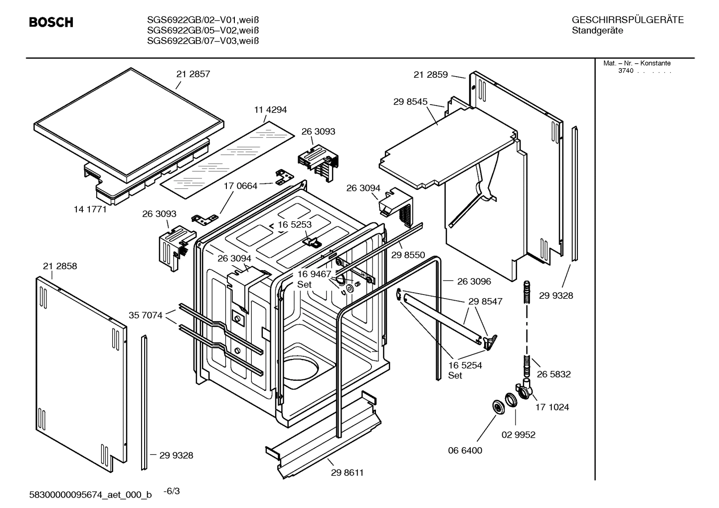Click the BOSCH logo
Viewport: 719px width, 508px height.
pos(51,22)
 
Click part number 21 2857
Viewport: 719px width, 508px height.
pos(193,74)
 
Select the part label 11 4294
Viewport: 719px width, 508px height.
pos(270,110)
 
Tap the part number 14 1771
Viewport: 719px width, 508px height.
pos(90,209)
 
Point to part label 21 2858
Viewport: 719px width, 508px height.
pos(60,266)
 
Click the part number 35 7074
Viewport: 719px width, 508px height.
pos(145,315)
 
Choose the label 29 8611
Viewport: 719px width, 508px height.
pos(347,473)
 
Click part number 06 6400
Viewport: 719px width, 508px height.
pos(465,451)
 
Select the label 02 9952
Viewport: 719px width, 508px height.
pos(518,435)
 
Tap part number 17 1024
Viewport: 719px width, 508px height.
pos(552,407)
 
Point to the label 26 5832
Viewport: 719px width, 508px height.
pos(553,374)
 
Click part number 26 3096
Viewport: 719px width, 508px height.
pos(474,281)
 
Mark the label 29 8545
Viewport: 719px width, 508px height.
pos(410,102)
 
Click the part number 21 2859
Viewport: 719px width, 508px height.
pos(431,75)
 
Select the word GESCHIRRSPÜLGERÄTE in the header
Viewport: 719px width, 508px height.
pos(627,20)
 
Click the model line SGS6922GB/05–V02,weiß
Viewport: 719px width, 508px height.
pos(202,30)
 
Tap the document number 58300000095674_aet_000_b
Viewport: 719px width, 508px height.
pos(91,495)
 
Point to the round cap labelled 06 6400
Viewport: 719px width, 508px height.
pos(498,407)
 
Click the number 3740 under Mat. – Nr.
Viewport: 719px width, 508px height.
pos(625,71)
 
